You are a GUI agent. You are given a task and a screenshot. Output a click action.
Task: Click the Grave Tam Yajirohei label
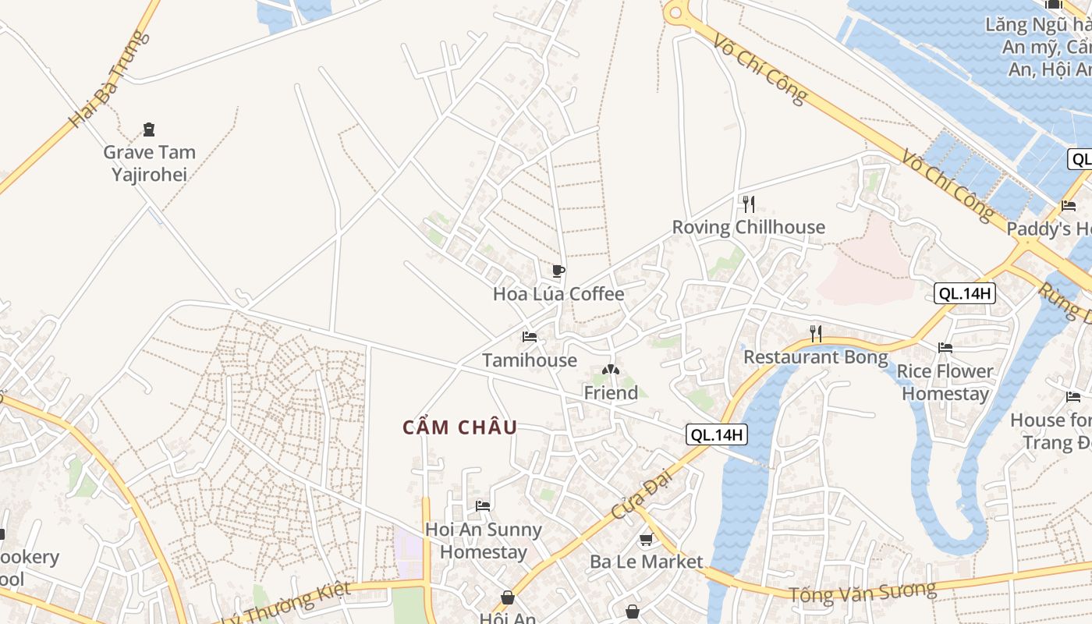[x=149, y=163]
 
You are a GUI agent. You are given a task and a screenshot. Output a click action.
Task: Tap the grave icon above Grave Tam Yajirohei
[x=149, y=129]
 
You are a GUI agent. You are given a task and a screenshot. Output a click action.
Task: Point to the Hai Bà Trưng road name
[x=108, y=80]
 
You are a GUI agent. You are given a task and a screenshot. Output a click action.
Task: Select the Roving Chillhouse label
[x=748, y=227]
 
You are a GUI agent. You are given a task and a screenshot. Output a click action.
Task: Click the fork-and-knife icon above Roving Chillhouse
[x=749, y=204]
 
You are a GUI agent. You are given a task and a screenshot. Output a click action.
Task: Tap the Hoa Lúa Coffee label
[x=558, y=294]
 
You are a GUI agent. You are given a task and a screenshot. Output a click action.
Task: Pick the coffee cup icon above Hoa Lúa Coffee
[x=558, y=271]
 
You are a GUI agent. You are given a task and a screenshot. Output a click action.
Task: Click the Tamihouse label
[x=530, y=360]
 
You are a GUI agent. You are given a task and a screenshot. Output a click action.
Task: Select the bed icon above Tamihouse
[x=530, y=337]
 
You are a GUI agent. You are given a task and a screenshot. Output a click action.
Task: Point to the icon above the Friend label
[x=611, y=370]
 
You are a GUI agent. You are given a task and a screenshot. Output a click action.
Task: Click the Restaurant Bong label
[x=815, y=357]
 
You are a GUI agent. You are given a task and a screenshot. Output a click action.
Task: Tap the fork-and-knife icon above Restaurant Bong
[x=816, y=334]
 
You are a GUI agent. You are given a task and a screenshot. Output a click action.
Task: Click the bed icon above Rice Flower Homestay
[x=945, y=347]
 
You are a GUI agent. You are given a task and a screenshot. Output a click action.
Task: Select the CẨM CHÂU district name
[x=460, y=427]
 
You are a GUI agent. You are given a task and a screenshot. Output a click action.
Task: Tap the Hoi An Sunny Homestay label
[x=484, y=541]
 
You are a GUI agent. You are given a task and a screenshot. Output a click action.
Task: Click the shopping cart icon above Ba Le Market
[x=646, y=539]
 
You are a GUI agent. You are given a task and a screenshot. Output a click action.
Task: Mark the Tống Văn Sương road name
[x=862, y=592]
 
